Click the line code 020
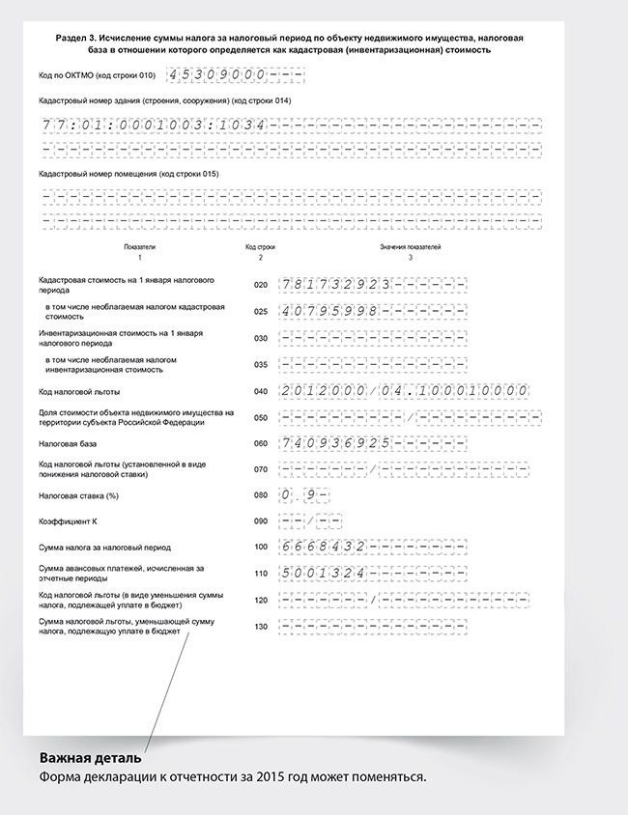(259, 285)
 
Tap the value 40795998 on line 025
(329, 312)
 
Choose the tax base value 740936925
(333, 443)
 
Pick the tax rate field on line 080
(303, 496)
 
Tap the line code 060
(259, 443)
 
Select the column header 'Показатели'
(139, 248)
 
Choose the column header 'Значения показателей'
(410, 248)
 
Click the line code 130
(259, 627)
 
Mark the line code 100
(259, 548)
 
